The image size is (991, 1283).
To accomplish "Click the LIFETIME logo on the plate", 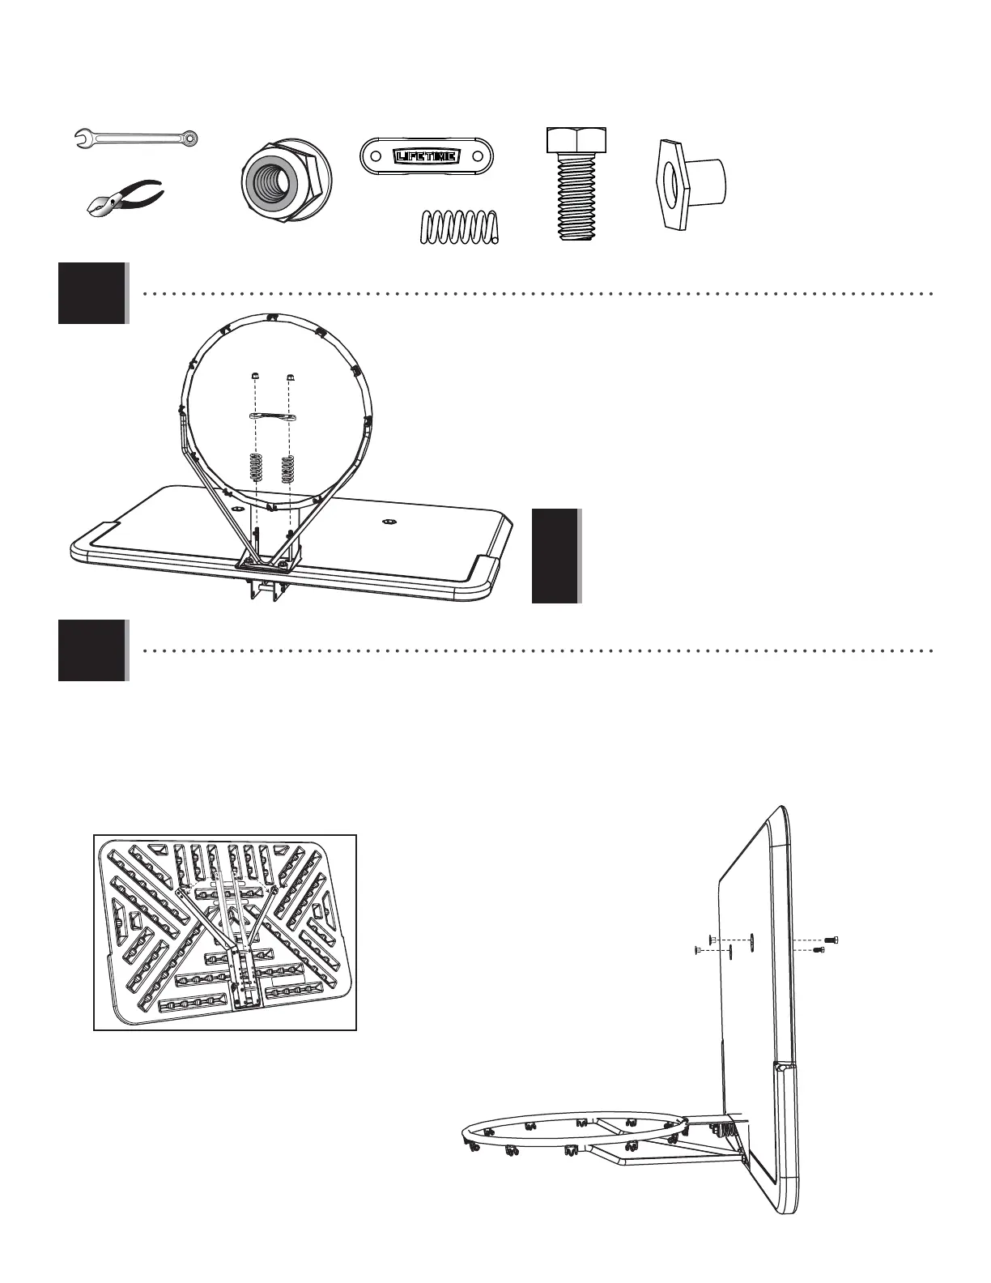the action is (x=427, y=154).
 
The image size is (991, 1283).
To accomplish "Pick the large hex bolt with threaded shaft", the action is (x=577, y=185).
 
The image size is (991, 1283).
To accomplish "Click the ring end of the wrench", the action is (x=189, y=139).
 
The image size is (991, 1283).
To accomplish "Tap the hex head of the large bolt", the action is (x=577, y=139).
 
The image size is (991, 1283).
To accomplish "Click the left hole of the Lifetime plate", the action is (x=375, y=154).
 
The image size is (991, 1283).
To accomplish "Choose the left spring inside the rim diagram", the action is (x=256, y=468).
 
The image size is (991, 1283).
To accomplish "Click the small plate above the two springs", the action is (x=272, y=416).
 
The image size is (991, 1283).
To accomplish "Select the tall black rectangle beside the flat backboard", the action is (x=555, y=556).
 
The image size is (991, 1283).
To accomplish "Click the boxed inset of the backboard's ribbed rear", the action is (x=225, y=932).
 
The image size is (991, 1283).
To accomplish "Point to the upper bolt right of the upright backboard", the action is (x=831, y=940).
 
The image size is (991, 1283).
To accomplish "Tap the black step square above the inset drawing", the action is (x=92, y=650).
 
